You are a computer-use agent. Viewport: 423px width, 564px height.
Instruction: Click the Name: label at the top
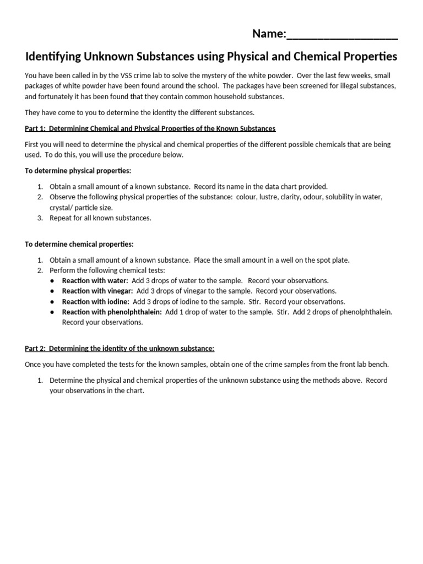[269, 34]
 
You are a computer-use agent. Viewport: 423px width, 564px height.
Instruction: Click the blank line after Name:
[342, 35]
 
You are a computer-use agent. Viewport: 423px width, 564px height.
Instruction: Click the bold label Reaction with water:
[95, 280]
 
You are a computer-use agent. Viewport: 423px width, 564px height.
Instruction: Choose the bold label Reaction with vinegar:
[97, 291]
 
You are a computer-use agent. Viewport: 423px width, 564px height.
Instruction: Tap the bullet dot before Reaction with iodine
[51, 302]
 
